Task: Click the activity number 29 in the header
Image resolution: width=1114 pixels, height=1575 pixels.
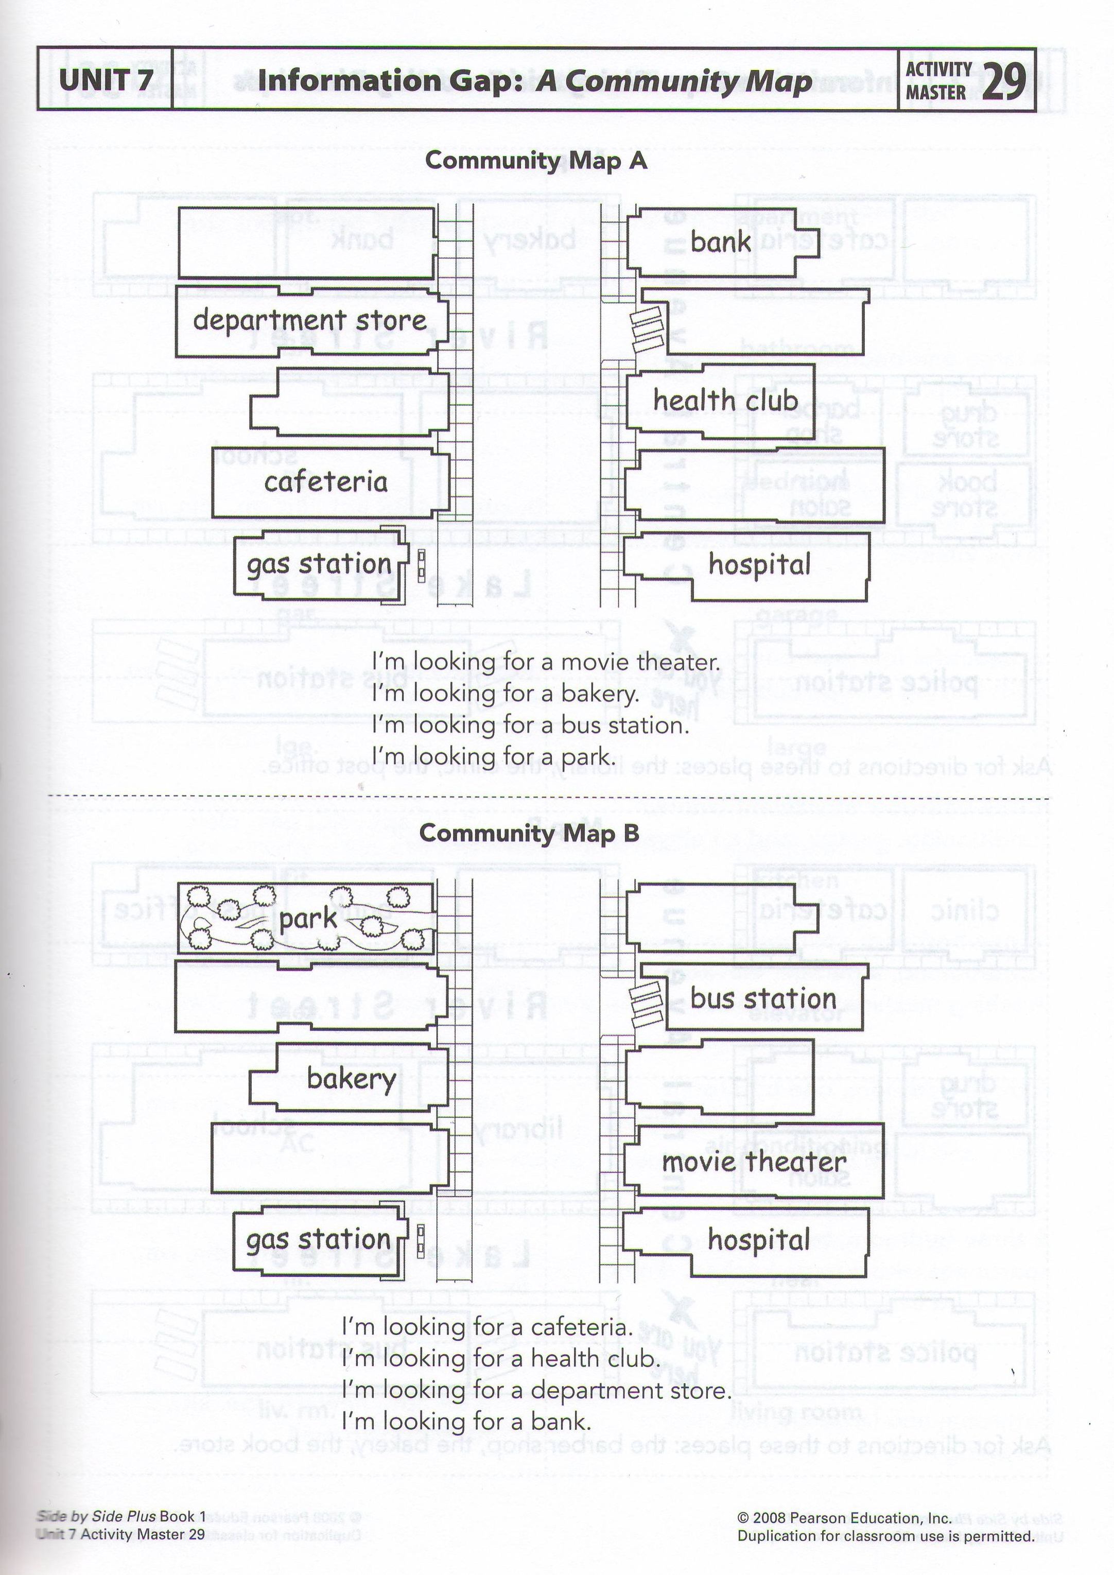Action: click(1004, 81)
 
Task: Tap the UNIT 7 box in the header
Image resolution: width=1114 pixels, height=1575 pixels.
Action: click(106, 80)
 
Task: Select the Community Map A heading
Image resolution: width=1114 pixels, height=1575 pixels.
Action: click(536, 161)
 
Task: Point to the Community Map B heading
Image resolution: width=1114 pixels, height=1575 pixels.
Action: click(529, 833)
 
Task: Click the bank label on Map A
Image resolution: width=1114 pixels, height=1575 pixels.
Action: click(720, 241)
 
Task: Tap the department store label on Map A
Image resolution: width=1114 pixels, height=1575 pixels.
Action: click(309, 320)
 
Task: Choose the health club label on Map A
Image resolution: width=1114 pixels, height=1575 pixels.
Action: click(725, 401)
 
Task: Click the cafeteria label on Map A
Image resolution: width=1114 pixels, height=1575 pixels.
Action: click(326, 481)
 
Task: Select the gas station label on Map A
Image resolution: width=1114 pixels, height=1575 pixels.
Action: click(319, 564)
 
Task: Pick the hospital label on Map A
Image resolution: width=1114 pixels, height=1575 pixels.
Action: click(759, 564)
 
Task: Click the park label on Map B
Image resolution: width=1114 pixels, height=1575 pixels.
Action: click(308, 919)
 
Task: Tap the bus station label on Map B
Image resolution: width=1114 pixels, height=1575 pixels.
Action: click(763, 998)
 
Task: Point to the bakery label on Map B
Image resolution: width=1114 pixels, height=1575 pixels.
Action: click(351, 1079)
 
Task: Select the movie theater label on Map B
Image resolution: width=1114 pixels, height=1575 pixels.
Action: click(753, 1162)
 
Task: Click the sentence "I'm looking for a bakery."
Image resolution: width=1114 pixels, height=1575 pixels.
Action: click(506, 694)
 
